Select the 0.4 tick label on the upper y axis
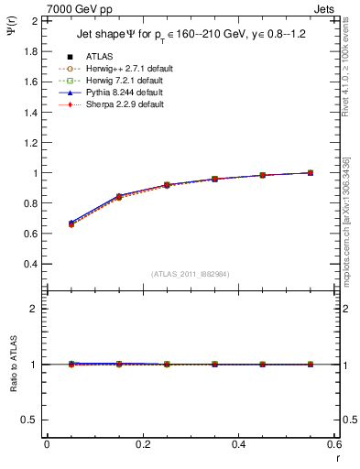click(28, 264)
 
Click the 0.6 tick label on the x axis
click(334, 444)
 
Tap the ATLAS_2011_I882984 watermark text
click(190, 274)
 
